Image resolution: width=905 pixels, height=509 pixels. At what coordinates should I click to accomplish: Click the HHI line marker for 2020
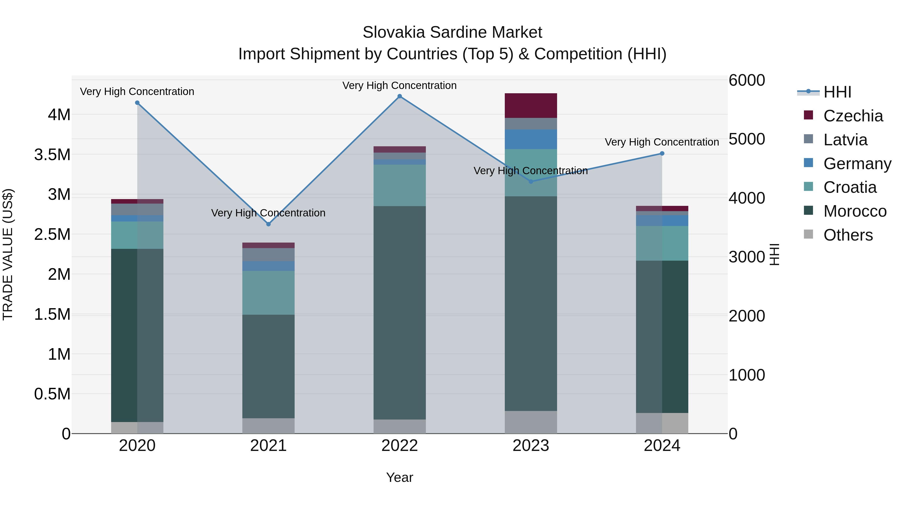pyautogui.click(x=137, y=103)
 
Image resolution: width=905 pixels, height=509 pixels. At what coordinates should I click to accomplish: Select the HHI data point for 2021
pyautogui.click(x=268, y=224)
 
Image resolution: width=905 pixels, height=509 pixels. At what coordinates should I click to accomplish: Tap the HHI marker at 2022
pyautogui.click(x=399, y=96)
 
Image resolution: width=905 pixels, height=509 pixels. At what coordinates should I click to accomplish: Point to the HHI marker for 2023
pyautogui.click(x=531, y=182)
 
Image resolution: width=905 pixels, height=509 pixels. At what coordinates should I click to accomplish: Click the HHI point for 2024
pyautogui.click(x=662, y=154)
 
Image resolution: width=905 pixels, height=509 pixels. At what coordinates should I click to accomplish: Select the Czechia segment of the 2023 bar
pyautogui.click(x=531, y=105)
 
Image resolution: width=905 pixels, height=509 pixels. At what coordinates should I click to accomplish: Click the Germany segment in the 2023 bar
pyautogui.click(x=531, y=139)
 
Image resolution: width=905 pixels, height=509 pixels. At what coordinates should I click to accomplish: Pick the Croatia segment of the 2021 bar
pyautogui.click(x=268, y=292)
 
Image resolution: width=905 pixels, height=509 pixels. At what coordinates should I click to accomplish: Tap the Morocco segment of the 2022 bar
pyautogui.click(x=399, y=313)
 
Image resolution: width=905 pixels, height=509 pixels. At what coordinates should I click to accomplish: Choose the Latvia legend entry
pyautogui.click(x=845, y=140)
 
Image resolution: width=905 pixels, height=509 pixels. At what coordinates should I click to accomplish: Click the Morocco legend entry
pyautogui.click(x=854, y=211)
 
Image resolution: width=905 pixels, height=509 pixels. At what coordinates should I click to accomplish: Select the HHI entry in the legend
pyautogui.click(x=837, y=92)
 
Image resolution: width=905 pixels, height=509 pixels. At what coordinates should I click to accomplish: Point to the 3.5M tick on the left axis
pyautogui.click(x=52, y=155)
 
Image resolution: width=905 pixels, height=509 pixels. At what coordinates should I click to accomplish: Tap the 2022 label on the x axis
pyautogui.click(x=399, y=445)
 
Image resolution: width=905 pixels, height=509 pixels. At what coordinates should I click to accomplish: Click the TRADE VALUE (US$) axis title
pyautogui.click(x=8, y=254)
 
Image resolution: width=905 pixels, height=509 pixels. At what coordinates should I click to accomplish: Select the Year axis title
pyautogui.click(x=399, y=477)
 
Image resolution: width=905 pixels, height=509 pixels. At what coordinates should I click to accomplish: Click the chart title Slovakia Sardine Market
pyautogui.click(x=452, y=32)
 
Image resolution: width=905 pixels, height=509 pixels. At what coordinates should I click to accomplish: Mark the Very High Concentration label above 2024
pyautogui.click(x=662, y=142)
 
